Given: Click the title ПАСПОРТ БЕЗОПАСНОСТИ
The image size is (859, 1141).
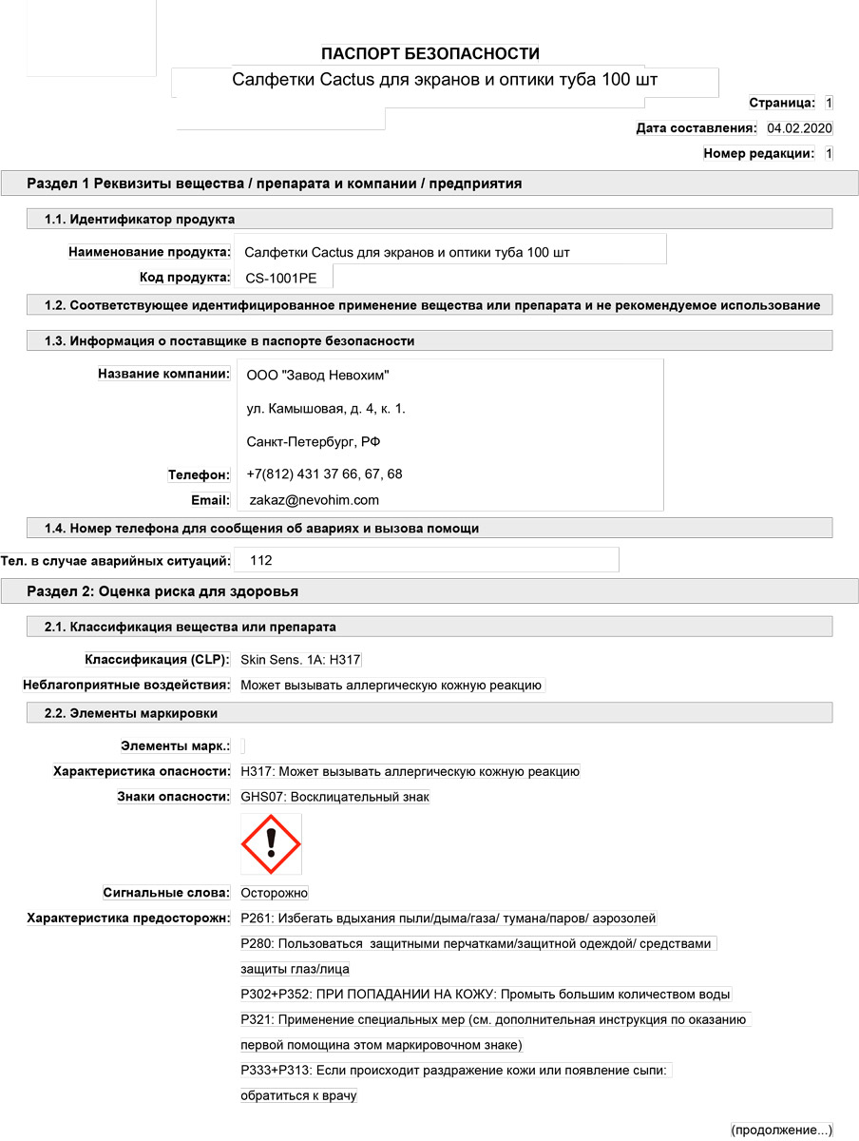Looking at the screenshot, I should (429, 53).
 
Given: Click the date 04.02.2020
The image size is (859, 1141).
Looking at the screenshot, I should (799, 128).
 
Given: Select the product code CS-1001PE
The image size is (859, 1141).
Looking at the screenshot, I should (282, 278).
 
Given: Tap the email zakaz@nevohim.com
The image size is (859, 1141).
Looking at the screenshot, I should (314, 499).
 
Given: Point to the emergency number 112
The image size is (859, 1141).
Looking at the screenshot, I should (260, 560).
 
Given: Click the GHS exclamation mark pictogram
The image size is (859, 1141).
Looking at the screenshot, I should (271, 843).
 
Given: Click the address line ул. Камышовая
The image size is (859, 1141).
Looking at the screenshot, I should (326, 409).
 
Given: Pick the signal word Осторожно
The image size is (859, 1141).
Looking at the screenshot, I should (275, 893).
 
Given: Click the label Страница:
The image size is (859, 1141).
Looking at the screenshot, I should (781, 103).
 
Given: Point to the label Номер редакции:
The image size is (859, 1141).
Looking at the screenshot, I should (758, 153).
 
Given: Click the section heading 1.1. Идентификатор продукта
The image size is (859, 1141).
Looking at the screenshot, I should (140, 220).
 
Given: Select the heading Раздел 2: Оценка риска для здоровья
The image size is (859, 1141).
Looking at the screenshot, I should (162, 591).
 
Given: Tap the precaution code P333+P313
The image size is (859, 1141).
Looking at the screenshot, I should (272, 1071).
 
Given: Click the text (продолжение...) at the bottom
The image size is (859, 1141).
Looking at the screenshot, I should (781, 1130).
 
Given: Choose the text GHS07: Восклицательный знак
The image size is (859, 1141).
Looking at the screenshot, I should (335, 797).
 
